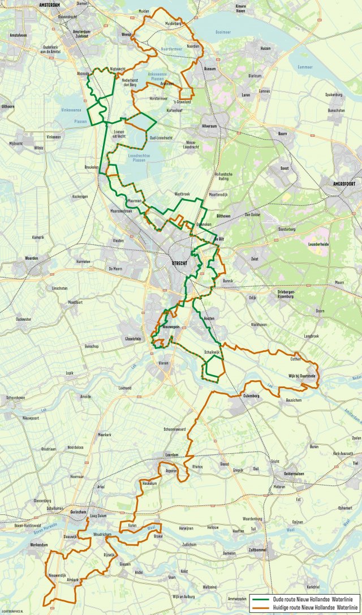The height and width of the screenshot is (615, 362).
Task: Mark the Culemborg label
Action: pos(251,396)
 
